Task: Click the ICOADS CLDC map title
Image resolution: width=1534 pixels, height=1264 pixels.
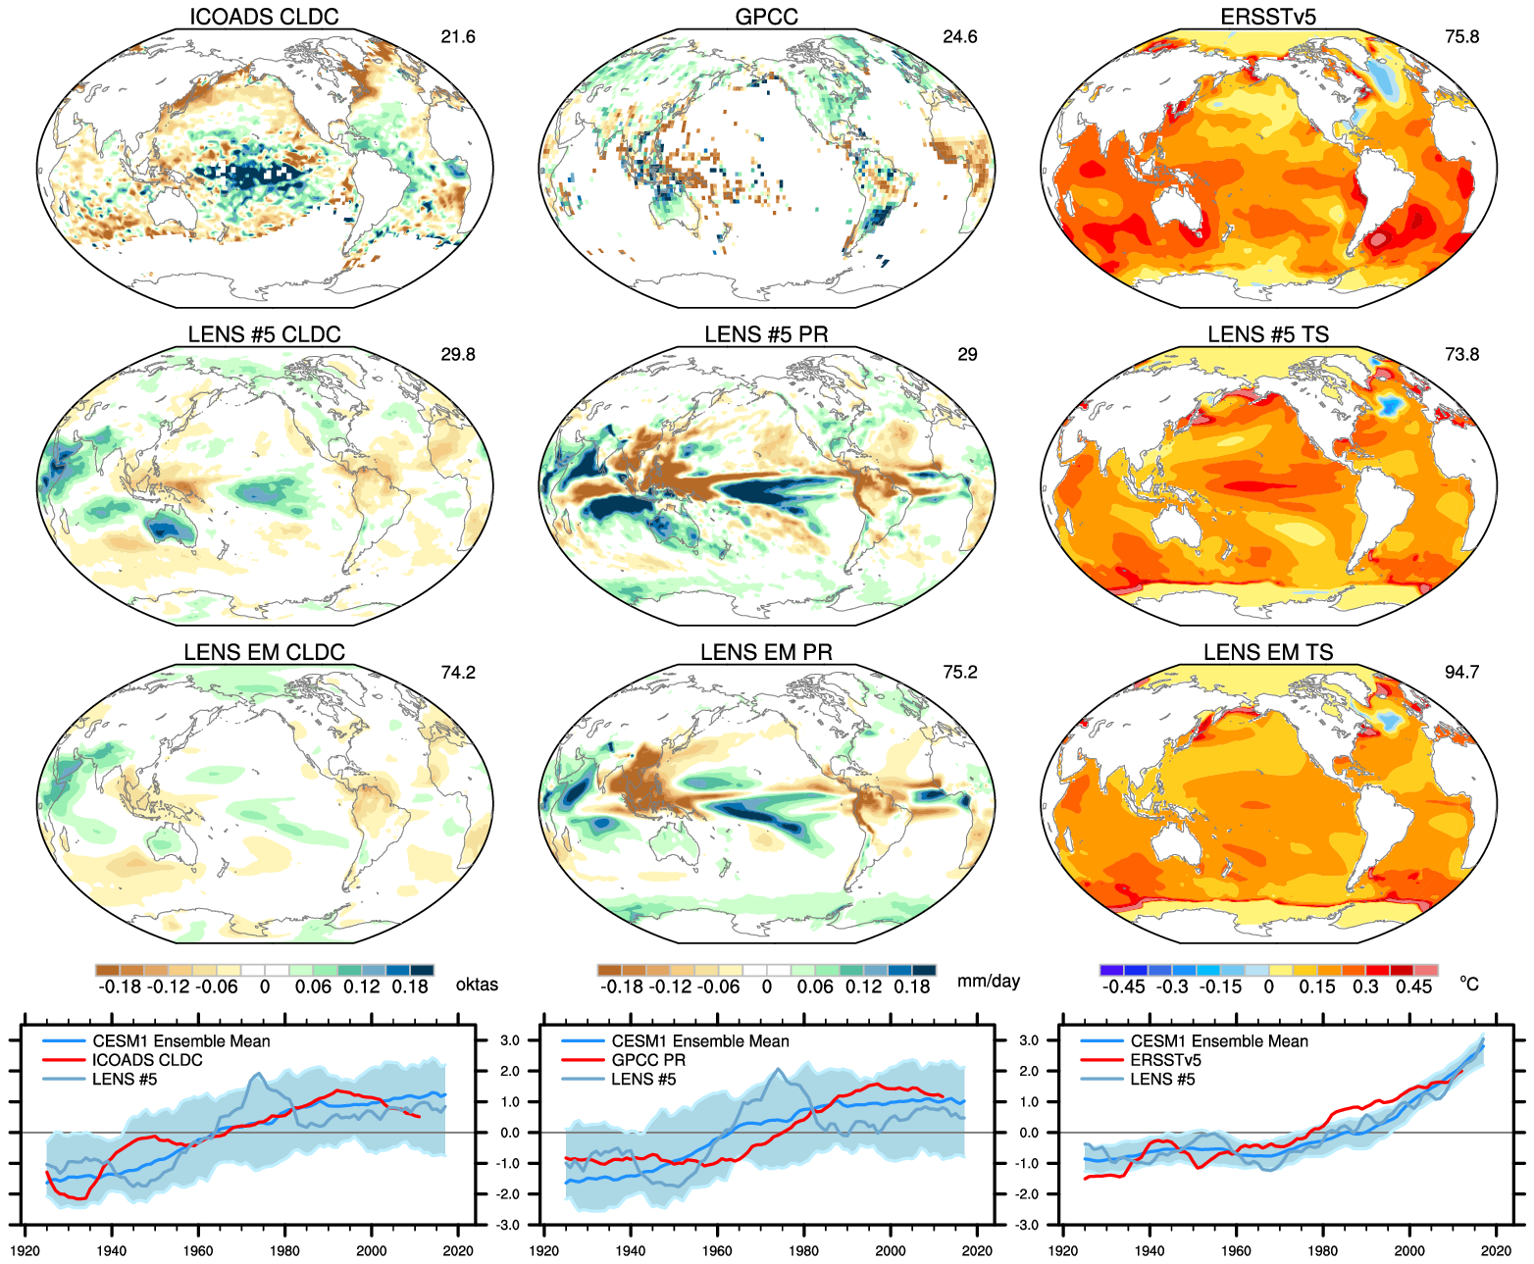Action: click(x=264, y=17)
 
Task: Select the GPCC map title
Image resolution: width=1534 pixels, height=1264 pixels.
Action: click(x=767, y=17)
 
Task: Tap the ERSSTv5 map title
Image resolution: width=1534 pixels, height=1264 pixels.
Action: click(x=1268, y=17)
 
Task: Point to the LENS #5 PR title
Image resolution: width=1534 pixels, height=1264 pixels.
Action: click(x=766, y=334)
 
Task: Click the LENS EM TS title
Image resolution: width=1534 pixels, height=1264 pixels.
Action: click(x=1268, y=652)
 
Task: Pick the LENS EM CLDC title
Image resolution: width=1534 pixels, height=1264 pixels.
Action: click(x=264, y=652)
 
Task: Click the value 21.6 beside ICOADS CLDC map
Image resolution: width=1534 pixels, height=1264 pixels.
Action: click(x=458, y=37)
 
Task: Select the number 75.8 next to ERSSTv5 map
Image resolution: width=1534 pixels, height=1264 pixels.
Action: click(x=1461, y=37)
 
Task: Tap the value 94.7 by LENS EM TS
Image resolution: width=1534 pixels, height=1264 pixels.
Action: click(x=1461, y=673)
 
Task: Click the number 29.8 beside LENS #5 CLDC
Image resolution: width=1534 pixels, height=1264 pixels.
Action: click(x=458, y=355)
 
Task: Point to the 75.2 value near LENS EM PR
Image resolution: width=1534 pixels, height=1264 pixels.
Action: click(x=960, y=673)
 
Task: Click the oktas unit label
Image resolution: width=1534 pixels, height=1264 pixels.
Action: click(x=477, y=985)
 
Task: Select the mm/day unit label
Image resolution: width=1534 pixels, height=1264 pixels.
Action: click(x=989, y=982)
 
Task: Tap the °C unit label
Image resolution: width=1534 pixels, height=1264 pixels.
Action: click(x=1468, y=984)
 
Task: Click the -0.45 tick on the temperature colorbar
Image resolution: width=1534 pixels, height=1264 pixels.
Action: click(x=1123, y=986)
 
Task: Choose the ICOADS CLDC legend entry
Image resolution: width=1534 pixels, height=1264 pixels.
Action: click(x=147, y=1060)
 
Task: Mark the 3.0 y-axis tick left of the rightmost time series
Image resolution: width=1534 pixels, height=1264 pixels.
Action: click(x=1028, y=1040)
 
